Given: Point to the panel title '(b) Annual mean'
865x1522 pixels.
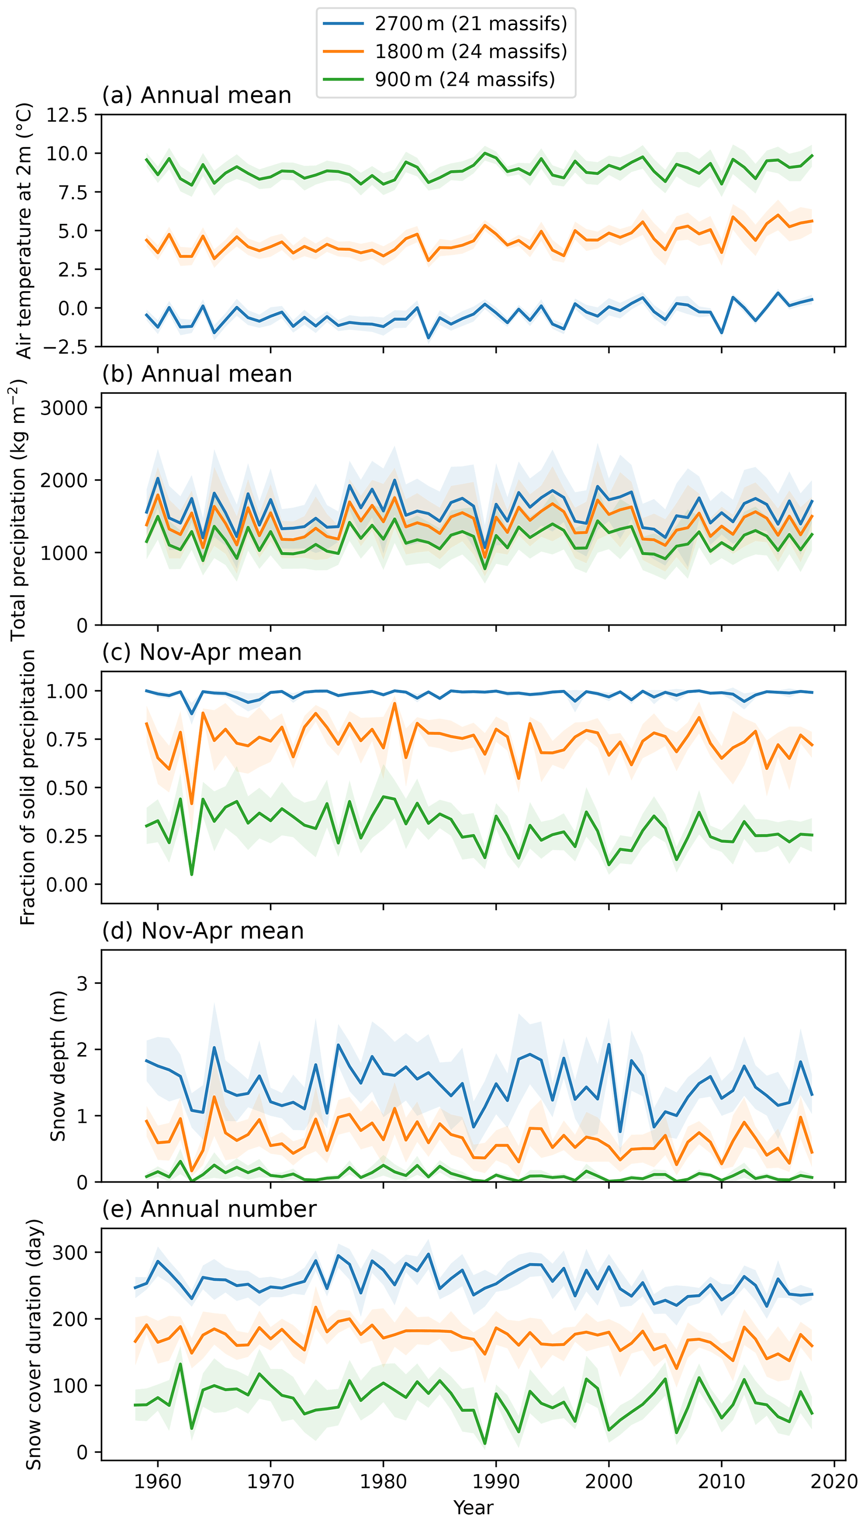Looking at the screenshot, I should click(x=197, y=374).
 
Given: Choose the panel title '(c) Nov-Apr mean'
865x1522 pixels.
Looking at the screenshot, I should click(x=202, y=652).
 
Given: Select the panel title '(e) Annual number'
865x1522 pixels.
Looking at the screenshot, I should click(x=209, y=1209).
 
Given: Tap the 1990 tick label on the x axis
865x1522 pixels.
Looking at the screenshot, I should click(x=496, y=1481).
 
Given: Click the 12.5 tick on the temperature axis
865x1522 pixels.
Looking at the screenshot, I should click(x=67, y=115).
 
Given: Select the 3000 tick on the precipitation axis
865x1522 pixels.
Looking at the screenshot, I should click(x=64, y=408).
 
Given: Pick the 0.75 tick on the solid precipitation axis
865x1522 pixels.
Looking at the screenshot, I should click(x=67, y=739).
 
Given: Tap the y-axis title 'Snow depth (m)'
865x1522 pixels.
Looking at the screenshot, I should click(x=58, y=1066).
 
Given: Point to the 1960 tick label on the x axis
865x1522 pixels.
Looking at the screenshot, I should click(x=157, y=1481).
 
